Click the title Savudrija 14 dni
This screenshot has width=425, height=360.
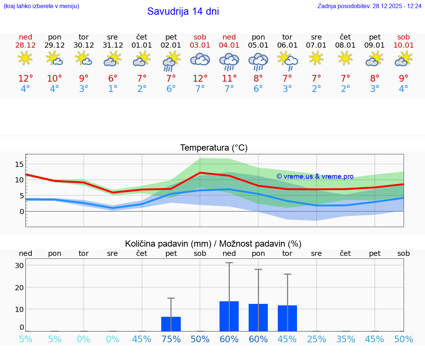pos(183,11)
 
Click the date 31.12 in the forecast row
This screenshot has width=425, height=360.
pos(113,45)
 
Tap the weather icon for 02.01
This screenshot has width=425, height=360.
pos(171,61)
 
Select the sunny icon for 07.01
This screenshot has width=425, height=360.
pos(316,58)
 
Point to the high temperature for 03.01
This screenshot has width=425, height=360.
pos(200,79)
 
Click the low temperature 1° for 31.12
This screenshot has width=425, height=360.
pos(113,89)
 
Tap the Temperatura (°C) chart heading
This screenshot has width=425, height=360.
pos(214,148)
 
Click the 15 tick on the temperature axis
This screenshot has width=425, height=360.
pos(19,164)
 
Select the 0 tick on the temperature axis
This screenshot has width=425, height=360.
pos(21,212)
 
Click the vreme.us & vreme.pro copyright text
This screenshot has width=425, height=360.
pos(315,176)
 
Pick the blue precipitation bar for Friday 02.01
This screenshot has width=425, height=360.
pos(171,324)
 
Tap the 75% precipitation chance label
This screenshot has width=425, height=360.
pos(171,339)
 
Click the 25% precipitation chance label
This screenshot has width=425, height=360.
pos(317,339)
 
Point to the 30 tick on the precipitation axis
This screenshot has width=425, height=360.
pos(19,265)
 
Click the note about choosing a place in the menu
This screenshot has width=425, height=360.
pos(41,6)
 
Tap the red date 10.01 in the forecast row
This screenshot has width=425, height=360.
pos(404,45)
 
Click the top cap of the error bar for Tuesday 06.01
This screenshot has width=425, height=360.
pos(287,274)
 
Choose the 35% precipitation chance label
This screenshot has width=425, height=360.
pos(346,339)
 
